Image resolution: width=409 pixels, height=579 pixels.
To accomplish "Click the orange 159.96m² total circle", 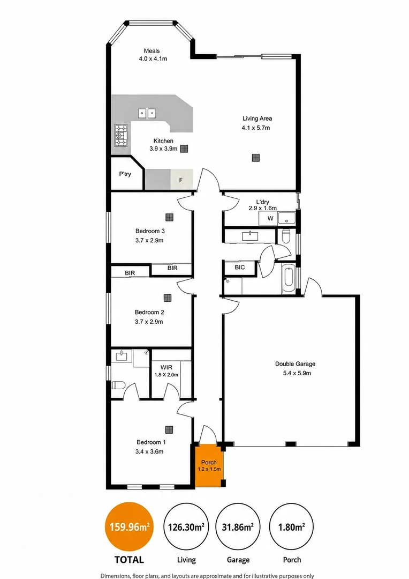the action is click(x=130, y=527).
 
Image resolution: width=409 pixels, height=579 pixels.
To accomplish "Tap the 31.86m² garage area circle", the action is click(x=238, y=527).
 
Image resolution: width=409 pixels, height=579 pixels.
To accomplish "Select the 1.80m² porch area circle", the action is click(x=292, y=527).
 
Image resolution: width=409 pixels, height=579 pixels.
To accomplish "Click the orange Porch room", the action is click(x=209, y=466).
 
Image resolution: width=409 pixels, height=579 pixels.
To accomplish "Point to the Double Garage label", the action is click(x=295, y=363).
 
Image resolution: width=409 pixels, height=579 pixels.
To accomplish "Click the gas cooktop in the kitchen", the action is click(x=121, y=135).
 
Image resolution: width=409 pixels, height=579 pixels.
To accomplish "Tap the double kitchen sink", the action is click(x=147, y=113).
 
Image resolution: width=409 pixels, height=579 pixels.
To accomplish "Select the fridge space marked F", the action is click(x=181, y=180).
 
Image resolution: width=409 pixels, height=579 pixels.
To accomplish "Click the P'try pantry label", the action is click(x=125, y=174).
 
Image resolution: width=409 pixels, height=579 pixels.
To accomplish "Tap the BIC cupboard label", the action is click(x=240, y=267).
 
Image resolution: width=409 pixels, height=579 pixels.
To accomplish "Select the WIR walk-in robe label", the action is click(x=166, y=367).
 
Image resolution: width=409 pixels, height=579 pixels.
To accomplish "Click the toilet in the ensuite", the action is click(x=118, y=385).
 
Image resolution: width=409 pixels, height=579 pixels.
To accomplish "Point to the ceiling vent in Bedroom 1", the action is click(x=169, y=429).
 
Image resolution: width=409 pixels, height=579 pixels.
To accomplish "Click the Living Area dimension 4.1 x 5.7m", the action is click(x=256, y=128).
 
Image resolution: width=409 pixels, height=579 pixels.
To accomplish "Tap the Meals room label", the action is click(x=152, y=50).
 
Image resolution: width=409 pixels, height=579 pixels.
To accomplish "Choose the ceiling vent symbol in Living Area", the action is click(x=256, y=158).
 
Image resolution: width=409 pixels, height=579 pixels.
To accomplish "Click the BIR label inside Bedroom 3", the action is click(x=172, y=268).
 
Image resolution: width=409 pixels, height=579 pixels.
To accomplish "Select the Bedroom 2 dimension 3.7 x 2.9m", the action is click(x=149, y=321).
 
